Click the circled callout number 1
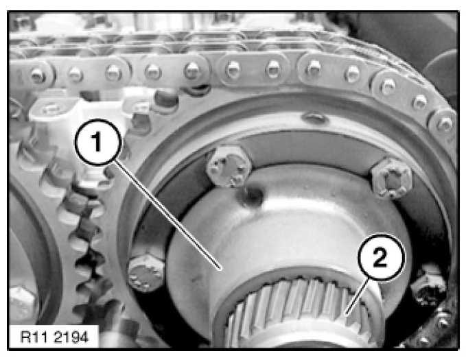[x=98, y=142]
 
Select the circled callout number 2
[x=382, y=257]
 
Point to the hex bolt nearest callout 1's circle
[x=229, y=167]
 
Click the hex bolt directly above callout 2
[x=393, y=178]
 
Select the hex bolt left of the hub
[x=146, y=273]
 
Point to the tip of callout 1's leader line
[x=221, y=269]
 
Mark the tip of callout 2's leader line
[x=346, y=314]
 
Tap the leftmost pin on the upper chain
[x=38, y=76]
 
